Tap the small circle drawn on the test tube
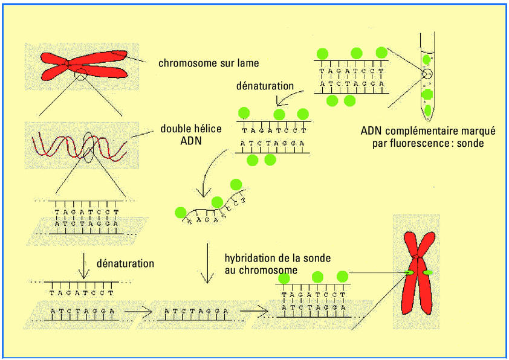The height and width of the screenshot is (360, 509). click(427, 74)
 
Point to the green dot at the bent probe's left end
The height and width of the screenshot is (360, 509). click(180, 212)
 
